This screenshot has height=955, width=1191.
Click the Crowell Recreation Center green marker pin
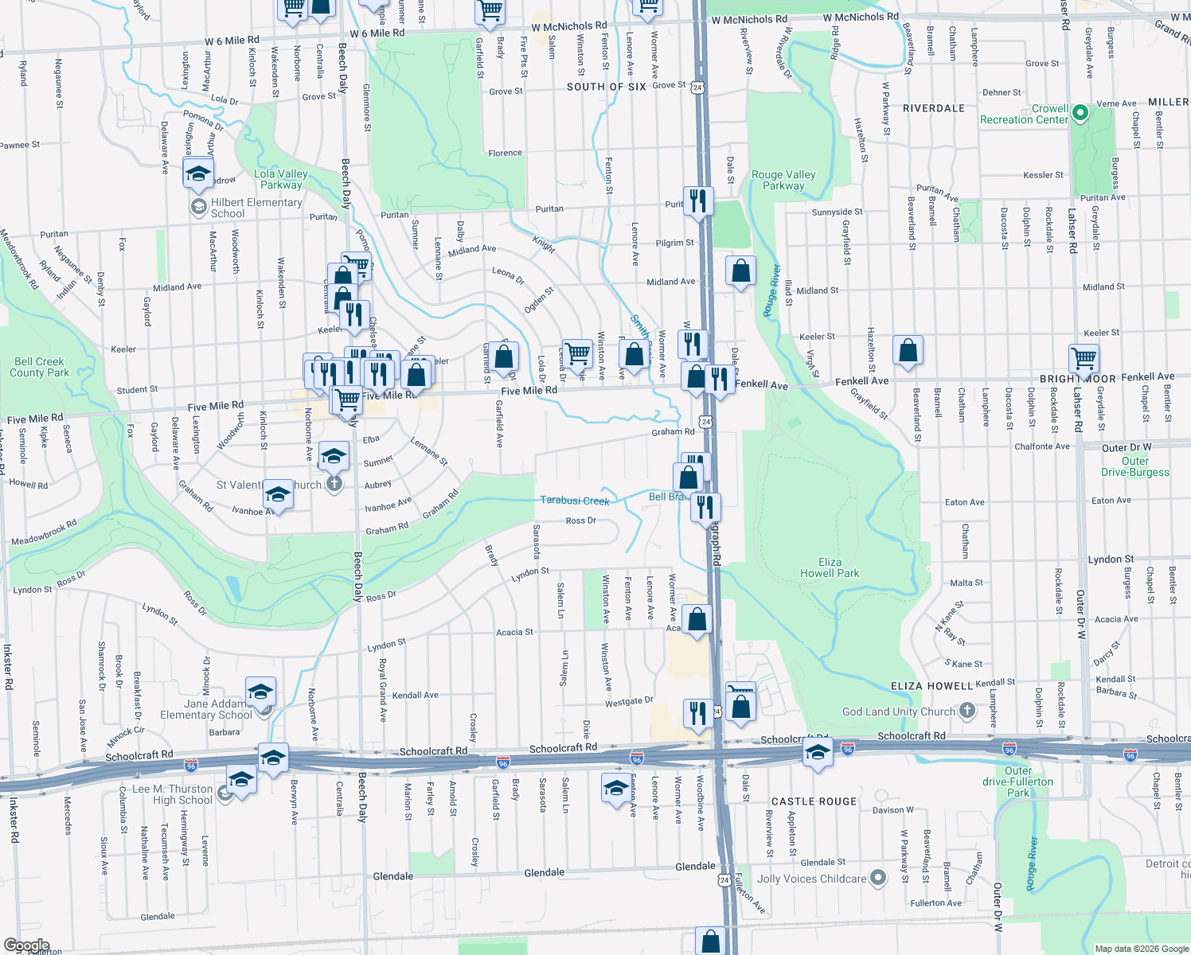1080,114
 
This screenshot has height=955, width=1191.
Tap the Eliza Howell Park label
830,567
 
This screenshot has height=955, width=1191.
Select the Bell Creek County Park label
39,367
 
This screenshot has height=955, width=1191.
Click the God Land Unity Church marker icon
967,710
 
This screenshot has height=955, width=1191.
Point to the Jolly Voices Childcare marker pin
878,878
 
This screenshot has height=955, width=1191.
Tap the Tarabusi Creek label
575,501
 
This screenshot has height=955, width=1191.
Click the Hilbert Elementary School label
256,208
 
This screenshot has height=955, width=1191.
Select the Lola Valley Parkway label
281,179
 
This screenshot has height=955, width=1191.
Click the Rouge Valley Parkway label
783,180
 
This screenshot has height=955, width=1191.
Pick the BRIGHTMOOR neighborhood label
1078,379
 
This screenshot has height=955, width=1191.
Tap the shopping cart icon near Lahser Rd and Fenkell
1084,358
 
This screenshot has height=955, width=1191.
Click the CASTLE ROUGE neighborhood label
814,801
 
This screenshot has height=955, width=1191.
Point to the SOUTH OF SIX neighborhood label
606,87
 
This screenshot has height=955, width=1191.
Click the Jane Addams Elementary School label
206,709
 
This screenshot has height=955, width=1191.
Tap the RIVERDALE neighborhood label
934,108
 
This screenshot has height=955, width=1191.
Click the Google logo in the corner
26,945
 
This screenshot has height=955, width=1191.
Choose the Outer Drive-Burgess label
1134,466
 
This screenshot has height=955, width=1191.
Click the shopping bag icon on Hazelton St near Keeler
908,350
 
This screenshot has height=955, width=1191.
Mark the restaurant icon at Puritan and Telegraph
697,200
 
